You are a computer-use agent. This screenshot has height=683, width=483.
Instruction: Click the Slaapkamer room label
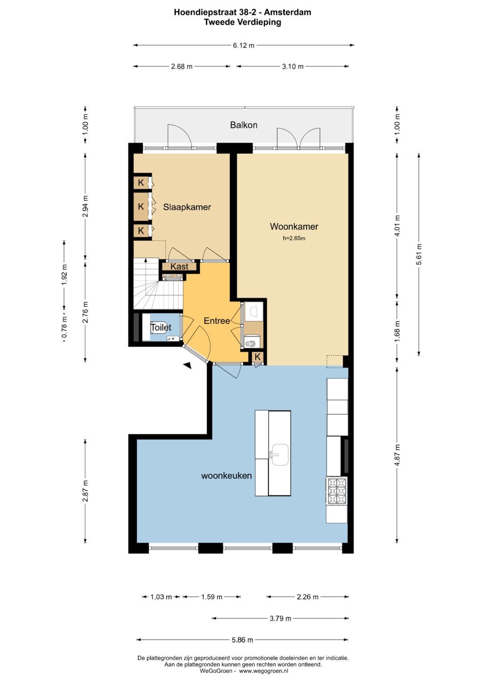pos(187,207)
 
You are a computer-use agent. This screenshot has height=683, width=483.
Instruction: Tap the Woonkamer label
pos(294,227)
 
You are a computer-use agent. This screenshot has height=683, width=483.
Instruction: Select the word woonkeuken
pos(227,475)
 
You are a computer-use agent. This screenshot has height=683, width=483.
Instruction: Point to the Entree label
pos(217,320)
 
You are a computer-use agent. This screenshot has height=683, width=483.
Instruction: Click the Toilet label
pos(161,327)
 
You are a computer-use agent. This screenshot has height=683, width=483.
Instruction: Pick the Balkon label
pos(244,125)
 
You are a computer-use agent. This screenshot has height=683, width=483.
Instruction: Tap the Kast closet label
pos(179,267)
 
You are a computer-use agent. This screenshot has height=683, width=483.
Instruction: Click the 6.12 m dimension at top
pos(244,46)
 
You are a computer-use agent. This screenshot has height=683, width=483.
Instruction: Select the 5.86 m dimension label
pos(242,640)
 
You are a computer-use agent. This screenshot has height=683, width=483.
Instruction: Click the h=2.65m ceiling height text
pos(294,238)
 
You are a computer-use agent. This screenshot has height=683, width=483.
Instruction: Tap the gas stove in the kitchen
pos(337,491)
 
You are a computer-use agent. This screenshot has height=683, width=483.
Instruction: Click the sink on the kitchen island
pos(280,454)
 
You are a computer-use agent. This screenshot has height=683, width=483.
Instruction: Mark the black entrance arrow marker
pos(187,365)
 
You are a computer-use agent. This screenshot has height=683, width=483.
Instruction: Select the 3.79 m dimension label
pos(280,618)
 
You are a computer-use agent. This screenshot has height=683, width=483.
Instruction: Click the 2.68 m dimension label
pos(182,67)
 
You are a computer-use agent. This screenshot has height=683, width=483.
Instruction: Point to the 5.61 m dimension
pos(419,255)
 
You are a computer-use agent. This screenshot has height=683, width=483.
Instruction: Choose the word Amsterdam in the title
pos(288,12)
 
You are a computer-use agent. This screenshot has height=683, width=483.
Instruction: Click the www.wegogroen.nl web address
pos(263,671)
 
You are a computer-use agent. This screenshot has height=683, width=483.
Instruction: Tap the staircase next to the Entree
pos(158,284)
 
